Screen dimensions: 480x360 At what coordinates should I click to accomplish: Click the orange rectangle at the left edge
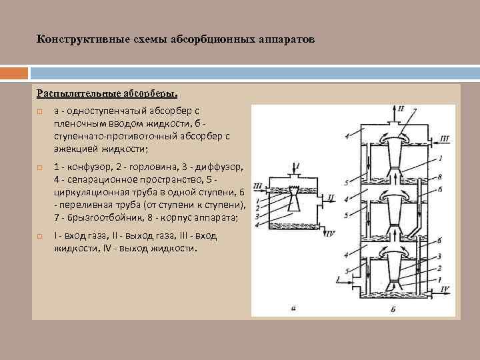tap(13, 72)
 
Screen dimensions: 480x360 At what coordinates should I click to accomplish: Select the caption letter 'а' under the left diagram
tap(293, 308)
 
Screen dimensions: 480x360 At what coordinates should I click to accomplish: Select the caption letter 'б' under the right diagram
tap(394, 308)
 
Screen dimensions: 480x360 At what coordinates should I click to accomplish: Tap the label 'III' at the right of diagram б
tap(445, 139)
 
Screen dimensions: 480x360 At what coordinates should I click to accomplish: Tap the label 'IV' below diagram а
tap(331, 233)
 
